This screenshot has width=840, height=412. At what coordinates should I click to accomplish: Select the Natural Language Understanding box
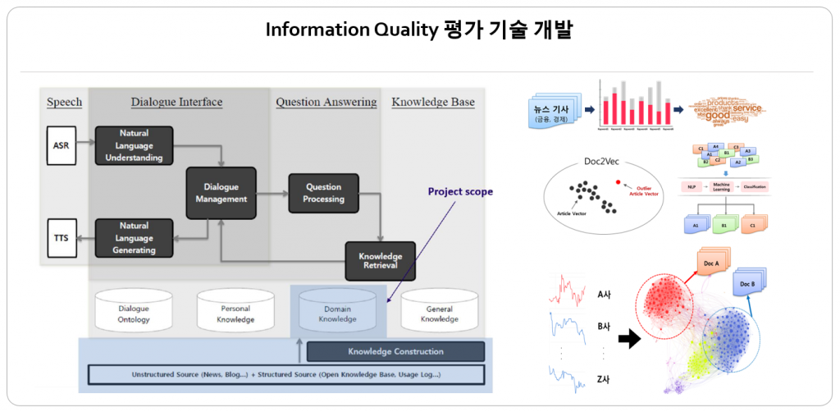(x=135, y=145)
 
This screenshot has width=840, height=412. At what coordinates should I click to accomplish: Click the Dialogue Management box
(x=221, y=193)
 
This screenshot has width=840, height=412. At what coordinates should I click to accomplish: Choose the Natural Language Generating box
(x=135, y=238)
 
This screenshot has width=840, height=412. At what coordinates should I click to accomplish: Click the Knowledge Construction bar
(x=395, y=352)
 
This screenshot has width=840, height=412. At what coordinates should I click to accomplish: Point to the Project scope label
(x=461, y=191)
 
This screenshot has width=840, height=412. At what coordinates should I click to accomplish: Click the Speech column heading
(x=64, y=102)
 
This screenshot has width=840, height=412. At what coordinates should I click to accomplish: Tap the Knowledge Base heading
(x=433, y=102)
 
